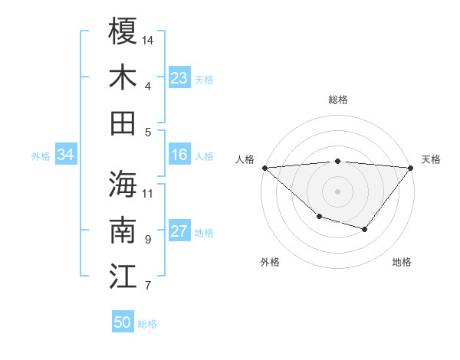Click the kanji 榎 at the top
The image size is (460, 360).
123,32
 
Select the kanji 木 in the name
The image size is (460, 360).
123,77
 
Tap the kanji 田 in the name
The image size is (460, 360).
123,123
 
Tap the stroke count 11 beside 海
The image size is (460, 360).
148,193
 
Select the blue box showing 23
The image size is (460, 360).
179,78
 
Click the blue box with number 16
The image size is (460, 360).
179,155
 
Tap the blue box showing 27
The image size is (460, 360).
179,232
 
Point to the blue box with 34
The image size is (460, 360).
65,155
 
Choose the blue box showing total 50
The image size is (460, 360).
123,323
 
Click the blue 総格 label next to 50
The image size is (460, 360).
147,324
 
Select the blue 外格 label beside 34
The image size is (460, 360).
41,156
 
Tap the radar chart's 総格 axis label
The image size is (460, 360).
337,100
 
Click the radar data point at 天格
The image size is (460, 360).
411,168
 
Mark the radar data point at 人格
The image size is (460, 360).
264,168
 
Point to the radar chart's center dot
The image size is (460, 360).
337,191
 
